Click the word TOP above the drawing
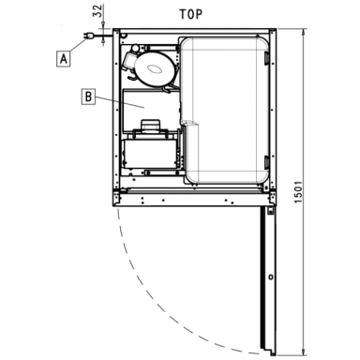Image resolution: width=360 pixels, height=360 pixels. pyautogui.click(x=190, y=14)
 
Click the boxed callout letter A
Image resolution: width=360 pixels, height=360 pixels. pyautogui.click(x=64, y=58)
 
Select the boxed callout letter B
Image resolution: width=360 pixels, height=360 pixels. pyautogui.click(x=88, y=97)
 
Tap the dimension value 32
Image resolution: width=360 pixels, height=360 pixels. pyautogui.click(x=98, y=10)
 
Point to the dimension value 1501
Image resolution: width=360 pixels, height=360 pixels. pyautogui.click(x=298, y=191)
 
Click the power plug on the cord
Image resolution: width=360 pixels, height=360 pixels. pyautogui.click(x=88, y=37)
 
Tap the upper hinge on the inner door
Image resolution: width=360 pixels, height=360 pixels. pyautogui.click(x=266, y=59)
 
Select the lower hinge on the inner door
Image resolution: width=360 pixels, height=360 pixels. pyautogui.click(x=266, y=161)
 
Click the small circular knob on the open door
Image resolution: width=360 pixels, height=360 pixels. pyautogui.click(x=271, y=277)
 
